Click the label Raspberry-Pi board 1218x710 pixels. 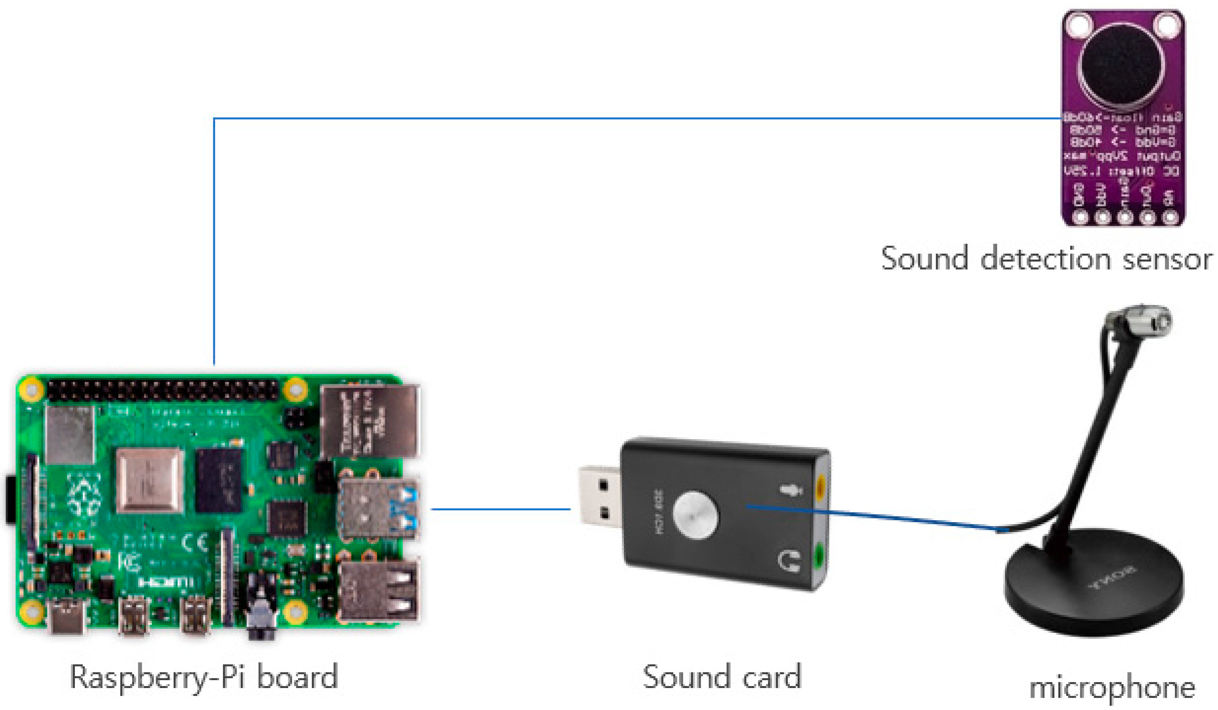tap(204, 677)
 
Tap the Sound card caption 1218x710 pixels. tap(722, 677)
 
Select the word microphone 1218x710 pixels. tap(1112, 687)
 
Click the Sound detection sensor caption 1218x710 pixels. tap(1046, 259)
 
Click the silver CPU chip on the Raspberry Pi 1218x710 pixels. tap(150, 480)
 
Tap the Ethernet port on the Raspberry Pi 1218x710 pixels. tap(370, 421)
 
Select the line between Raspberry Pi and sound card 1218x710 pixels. tap(500, 509)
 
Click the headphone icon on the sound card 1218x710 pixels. tap(789, 561)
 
